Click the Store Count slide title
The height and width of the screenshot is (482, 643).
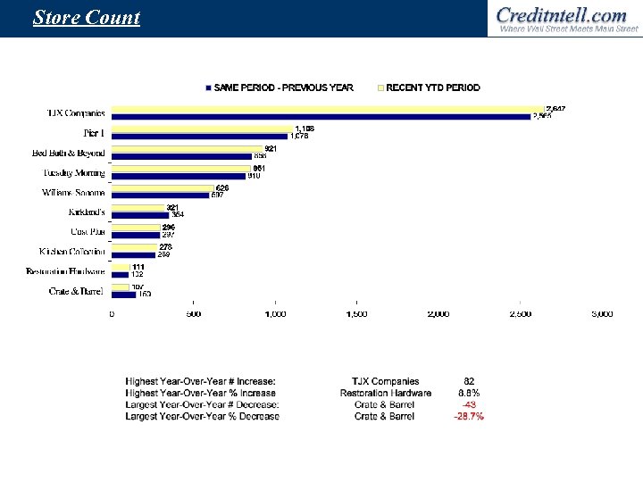[87, 18]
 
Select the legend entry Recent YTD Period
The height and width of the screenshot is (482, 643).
[433, 87]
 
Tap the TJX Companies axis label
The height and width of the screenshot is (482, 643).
[76, 113]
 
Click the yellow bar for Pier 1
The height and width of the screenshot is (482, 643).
[201, 129]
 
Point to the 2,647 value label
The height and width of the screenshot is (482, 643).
[555, 109]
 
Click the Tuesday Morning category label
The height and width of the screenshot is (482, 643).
[74, 172]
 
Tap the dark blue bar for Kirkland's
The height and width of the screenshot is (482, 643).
[140, 215]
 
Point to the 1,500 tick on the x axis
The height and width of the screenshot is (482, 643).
[356, 314]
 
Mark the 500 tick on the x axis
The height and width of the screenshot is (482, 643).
[194, 314]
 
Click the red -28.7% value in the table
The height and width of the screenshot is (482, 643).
[469, 417]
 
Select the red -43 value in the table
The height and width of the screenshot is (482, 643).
[469, 405]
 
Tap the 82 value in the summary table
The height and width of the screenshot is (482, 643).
[469, 382]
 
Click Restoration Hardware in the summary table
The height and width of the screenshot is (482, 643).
[385, 394]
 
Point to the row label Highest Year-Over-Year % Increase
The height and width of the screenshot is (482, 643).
[201, 394]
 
